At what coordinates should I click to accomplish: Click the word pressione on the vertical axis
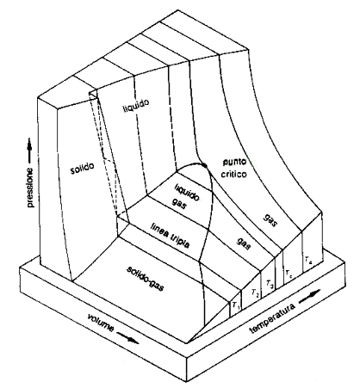point(30,188)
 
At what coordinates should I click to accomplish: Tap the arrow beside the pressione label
point(29,151)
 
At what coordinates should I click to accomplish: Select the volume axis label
point(101,323)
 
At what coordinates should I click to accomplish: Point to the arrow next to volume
point(127,338)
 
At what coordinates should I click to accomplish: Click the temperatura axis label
point(273,318)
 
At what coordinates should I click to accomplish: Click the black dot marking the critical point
point(204,165)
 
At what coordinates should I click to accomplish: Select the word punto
point(234,163)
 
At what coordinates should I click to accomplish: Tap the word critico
point(233,174)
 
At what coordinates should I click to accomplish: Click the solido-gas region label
point(145,278)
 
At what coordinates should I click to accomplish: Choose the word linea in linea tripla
point(158,231)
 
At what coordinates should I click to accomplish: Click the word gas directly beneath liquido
point(180,204)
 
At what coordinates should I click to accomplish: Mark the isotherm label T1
point(236,306)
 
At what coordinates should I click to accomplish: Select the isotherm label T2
point(255,293)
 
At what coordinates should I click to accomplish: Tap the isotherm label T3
point(270,284)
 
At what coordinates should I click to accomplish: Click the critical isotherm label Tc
point(289,274)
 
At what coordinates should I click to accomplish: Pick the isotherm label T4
point(308,260)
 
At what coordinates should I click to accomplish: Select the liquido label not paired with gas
point(136,106)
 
